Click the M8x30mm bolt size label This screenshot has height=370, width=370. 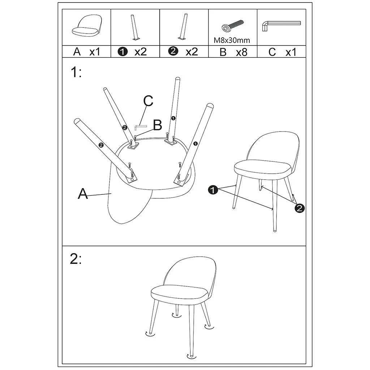(232, 40)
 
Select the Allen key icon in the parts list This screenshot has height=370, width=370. (280, 25)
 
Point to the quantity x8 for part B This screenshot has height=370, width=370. (241, 52)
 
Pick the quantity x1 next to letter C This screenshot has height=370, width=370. (291, 52)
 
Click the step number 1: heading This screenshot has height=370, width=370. (76, 73)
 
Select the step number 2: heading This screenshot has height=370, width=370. (76, 259)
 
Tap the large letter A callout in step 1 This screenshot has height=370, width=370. (83, 194)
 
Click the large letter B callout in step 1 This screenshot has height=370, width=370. (157, 125)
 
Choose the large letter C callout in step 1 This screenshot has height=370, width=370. (148, 102)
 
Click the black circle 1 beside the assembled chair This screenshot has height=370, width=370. (213, 189)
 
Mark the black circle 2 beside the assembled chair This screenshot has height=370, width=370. (300, 208)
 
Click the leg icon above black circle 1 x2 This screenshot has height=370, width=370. (134, 27)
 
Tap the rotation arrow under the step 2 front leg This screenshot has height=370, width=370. (189, 356)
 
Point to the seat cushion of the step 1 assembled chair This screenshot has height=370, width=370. (263, 168)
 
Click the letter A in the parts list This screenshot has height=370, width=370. (77, 52)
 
